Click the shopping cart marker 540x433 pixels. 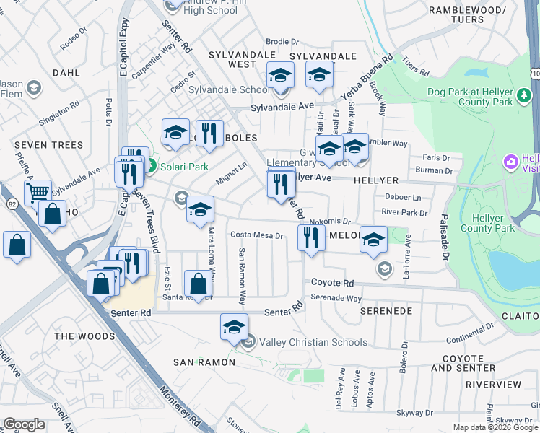(x=38, y=192)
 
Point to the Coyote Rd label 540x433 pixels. (x=333, y=284)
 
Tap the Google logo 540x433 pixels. (x=24, y=424)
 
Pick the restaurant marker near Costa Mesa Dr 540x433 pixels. (x=310, y=237)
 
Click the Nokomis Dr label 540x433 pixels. (x=329, y=222)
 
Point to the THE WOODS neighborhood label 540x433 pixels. (x=84, y=336)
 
